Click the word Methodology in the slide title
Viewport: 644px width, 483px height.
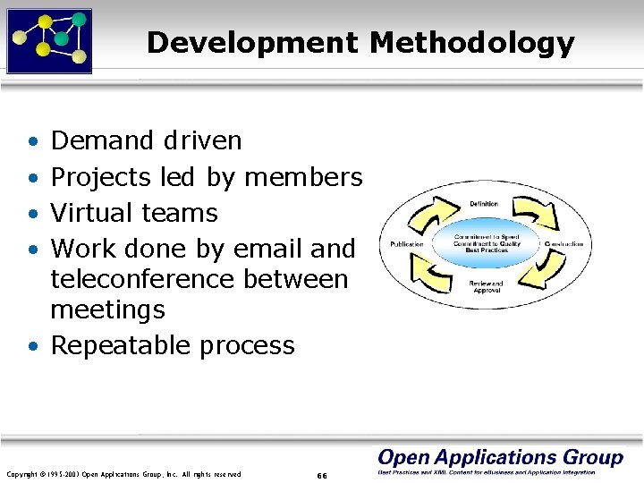(x=467, y=43)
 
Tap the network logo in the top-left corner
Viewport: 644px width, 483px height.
(x=49, y=40)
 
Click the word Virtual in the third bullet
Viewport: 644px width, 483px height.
(x=92, y=213)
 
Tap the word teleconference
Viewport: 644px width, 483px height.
(x=142, y=279)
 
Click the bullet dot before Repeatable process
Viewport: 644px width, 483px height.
(x=32, y=346)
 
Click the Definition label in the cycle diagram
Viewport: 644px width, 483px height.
(x=484, y=204)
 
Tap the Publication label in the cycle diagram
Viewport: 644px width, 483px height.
(x=407, y=244)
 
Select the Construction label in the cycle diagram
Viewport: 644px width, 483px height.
(x=563, y=244)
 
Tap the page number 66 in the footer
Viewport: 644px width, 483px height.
(x=323, y=474)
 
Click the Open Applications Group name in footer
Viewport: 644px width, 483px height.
(x=500, y=457)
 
